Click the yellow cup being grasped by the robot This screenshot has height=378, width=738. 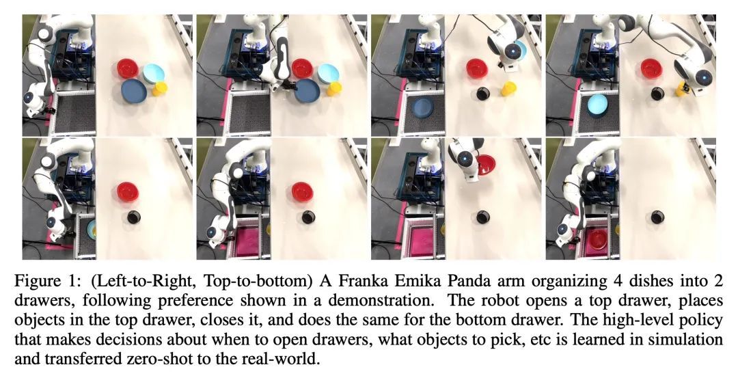pyautogui.click(x=681, y=88)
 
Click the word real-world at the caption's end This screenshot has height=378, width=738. pyautogui.click(x=284, y=359)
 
